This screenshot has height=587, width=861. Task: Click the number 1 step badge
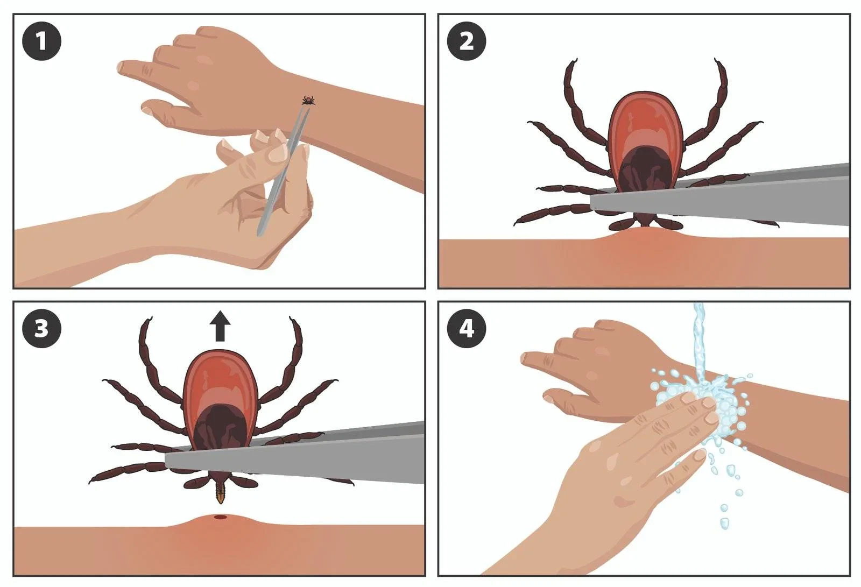coord(41,41)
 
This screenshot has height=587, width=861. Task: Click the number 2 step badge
coord(467,41)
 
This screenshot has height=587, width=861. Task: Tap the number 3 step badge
coord(41,328)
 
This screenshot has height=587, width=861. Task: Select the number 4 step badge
coord(467,328)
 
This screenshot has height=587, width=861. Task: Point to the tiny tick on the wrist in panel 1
coord(308,100)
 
